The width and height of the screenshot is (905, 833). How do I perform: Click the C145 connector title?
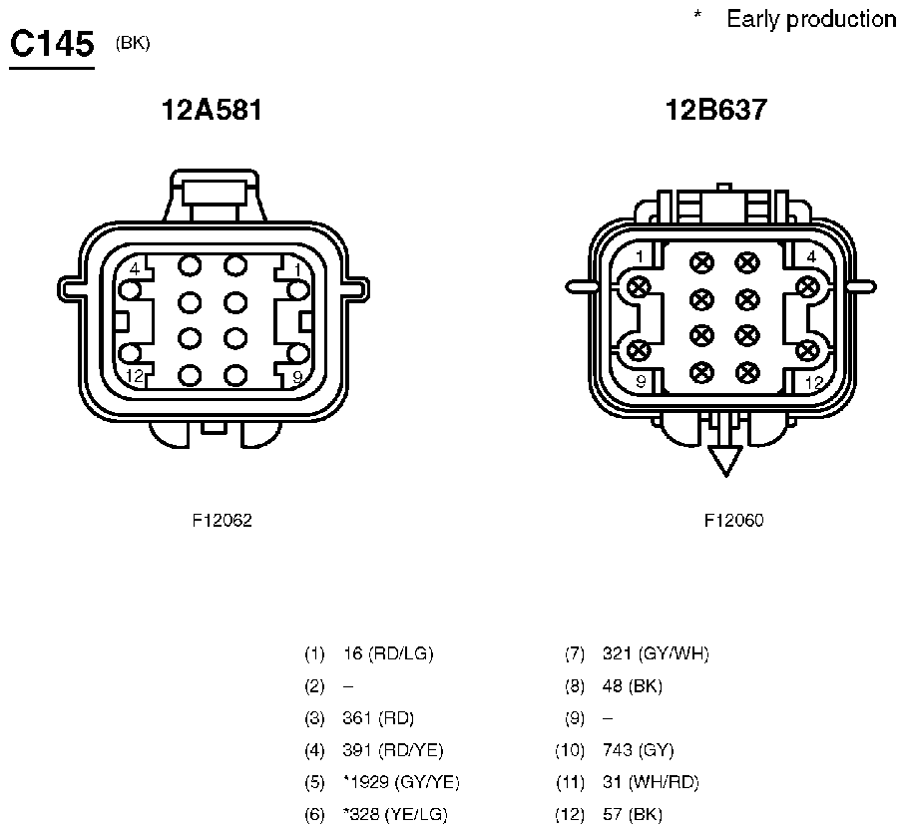click(52, 44)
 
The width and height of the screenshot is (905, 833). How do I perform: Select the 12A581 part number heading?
click(212, 110)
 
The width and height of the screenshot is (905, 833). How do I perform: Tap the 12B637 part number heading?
click(716, 110)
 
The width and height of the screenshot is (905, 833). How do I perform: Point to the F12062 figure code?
click(223, 521)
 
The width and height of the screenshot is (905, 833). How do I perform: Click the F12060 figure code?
click(733, 521)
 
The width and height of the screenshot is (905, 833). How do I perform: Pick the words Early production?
click(811, 19)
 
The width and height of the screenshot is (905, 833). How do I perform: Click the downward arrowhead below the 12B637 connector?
click(725, 461)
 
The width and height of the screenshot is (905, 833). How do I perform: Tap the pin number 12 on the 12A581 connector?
click(135, 377)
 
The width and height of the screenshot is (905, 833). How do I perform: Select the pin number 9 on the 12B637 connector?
click(641, 381)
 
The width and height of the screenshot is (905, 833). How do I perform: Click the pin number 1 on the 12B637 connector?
click(640, 256)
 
